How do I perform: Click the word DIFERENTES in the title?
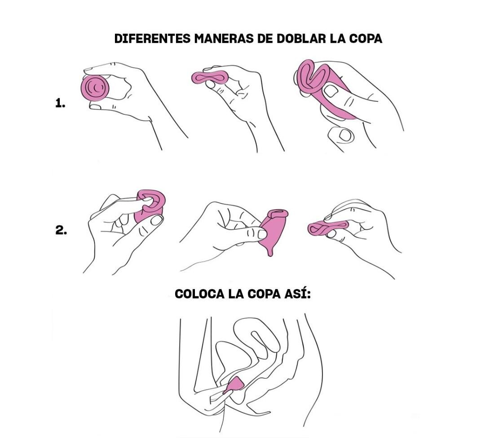tap(152, 39)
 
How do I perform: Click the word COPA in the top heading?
tap(366, 39)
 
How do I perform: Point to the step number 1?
tap(60, 103)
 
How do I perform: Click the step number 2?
tap(61, 230)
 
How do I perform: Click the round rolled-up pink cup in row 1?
tap(95, 88)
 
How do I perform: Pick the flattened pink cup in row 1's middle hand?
tap(210, 77)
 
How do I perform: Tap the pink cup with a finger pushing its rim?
tap(150, 206)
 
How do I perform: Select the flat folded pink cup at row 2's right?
tap(328, 228)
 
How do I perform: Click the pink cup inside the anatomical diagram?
tap(235, 386)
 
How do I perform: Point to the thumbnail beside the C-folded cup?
tap(331, 91)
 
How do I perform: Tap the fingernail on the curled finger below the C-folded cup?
tap(345, 135)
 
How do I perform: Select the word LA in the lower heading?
tap(236, 293)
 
